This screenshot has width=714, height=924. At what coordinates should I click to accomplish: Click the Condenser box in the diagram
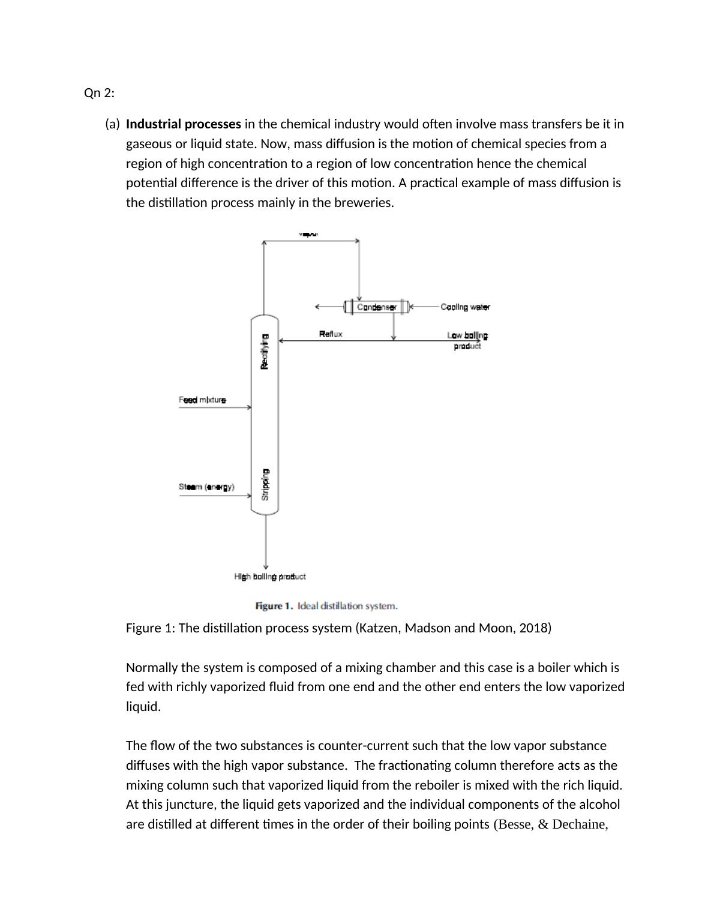click(x=376, y=307)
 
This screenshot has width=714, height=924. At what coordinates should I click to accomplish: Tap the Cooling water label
click(x=465, y=307)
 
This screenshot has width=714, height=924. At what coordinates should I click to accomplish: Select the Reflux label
click(x=331, y=334)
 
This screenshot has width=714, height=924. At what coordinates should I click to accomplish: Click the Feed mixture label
click(x=202, y=400)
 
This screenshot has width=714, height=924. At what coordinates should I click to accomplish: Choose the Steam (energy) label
click(x=206, y=487)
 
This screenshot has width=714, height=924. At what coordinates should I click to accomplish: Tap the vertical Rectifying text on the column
click(x=265, y=352)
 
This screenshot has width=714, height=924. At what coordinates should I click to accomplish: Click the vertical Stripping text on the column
click(x=265, y=485)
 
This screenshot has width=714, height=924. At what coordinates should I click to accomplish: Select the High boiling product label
click(x=269, y=577)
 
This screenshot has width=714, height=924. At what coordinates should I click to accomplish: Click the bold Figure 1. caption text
click(x=274, y=606)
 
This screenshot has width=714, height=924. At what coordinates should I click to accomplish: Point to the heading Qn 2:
click(x=99, y=93)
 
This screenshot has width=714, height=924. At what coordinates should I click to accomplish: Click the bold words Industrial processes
click(x=183, y=124)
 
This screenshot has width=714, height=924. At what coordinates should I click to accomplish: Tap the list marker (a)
click(x=112, y=124)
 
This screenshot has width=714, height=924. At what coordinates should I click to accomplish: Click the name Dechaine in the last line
click(x=578, y=824)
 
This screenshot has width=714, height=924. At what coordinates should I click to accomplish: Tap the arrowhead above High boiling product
click(x=265, y=566)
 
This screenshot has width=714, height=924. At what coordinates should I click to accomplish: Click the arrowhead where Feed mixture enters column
click(x=249, y=407)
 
